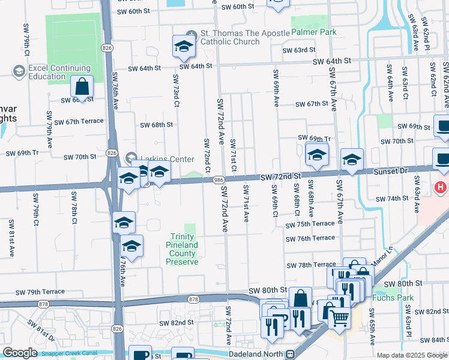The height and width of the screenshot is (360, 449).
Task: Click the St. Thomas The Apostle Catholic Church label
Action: click(x=230, y=37)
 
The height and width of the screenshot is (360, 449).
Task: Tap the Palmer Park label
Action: click(x=314, y=32)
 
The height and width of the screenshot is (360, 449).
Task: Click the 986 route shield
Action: click(x=218, y=179)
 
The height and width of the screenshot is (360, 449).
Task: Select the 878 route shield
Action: click(x=193, y=298)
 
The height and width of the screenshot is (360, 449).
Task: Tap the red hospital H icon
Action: click(x=441, y=187)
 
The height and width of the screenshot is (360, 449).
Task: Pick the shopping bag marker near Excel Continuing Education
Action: click(x=82, y=88)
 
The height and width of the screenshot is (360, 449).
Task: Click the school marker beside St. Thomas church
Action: click(x=184, y=46)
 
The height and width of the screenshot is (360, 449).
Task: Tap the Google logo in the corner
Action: click(x=20, y=353)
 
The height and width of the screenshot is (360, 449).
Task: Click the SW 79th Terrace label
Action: click(x=40, y=292)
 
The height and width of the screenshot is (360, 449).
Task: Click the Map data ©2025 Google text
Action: click(x=412, y=355)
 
